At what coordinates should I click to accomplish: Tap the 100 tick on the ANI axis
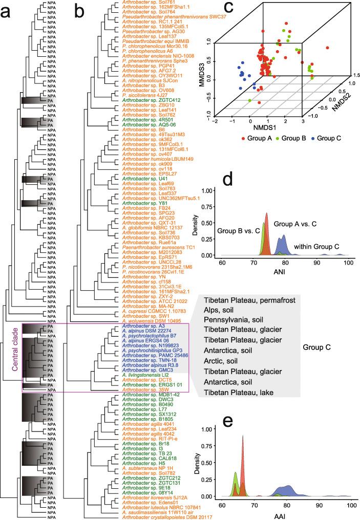[348, 263]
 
